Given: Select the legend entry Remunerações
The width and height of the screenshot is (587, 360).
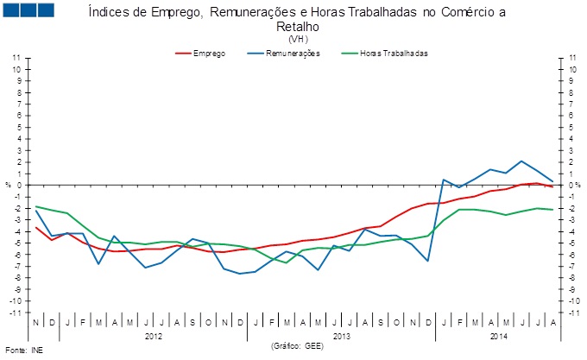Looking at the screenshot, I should (294, 54).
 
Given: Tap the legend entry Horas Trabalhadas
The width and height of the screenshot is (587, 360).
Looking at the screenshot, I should (394, 54).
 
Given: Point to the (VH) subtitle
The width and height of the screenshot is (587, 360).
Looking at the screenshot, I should (299, 40).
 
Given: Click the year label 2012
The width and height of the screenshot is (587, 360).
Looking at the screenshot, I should (154, 335).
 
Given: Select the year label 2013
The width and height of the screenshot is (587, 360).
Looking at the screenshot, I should (340, 335).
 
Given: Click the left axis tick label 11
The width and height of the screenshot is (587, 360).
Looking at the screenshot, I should (16, 58).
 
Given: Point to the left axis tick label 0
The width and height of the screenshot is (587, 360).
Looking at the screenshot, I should (18, 185).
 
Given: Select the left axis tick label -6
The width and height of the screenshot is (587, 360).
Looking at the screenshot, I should (16, 254).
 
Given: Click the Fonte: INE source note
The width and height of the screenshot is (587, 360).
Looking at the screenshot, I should (23, 351).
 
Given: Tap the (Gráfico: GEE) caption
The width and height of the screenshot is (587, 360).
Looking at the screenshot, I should (298, 344).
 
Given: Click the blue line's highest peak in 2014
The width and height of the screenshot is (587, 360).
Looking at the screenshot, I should (521, 161).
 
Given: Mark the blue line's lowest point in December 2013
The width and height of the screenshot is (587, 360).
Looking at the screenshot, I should (427, 261).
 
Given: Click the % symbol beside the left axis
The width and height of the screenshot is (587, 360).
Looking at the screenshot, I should (8, 185).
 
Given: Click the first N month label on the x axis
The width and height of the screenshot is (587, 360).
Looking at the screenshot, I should (35, 323).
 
